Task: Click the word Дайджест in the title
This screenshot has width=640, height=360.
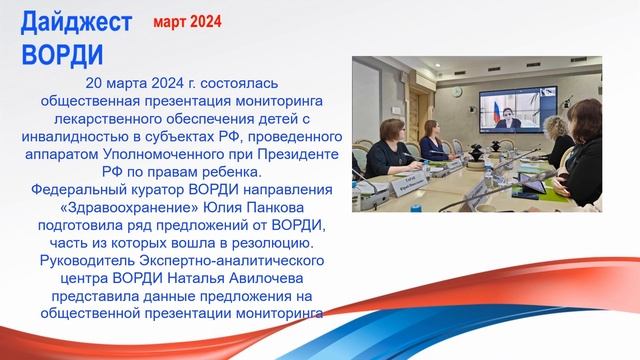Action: (x=75, y=19)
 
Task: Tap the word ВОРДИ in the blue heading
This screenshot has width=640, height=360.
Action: (x=62, y=51)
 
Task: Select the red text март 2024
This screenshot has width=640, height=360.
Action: (x=188, y=21)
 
